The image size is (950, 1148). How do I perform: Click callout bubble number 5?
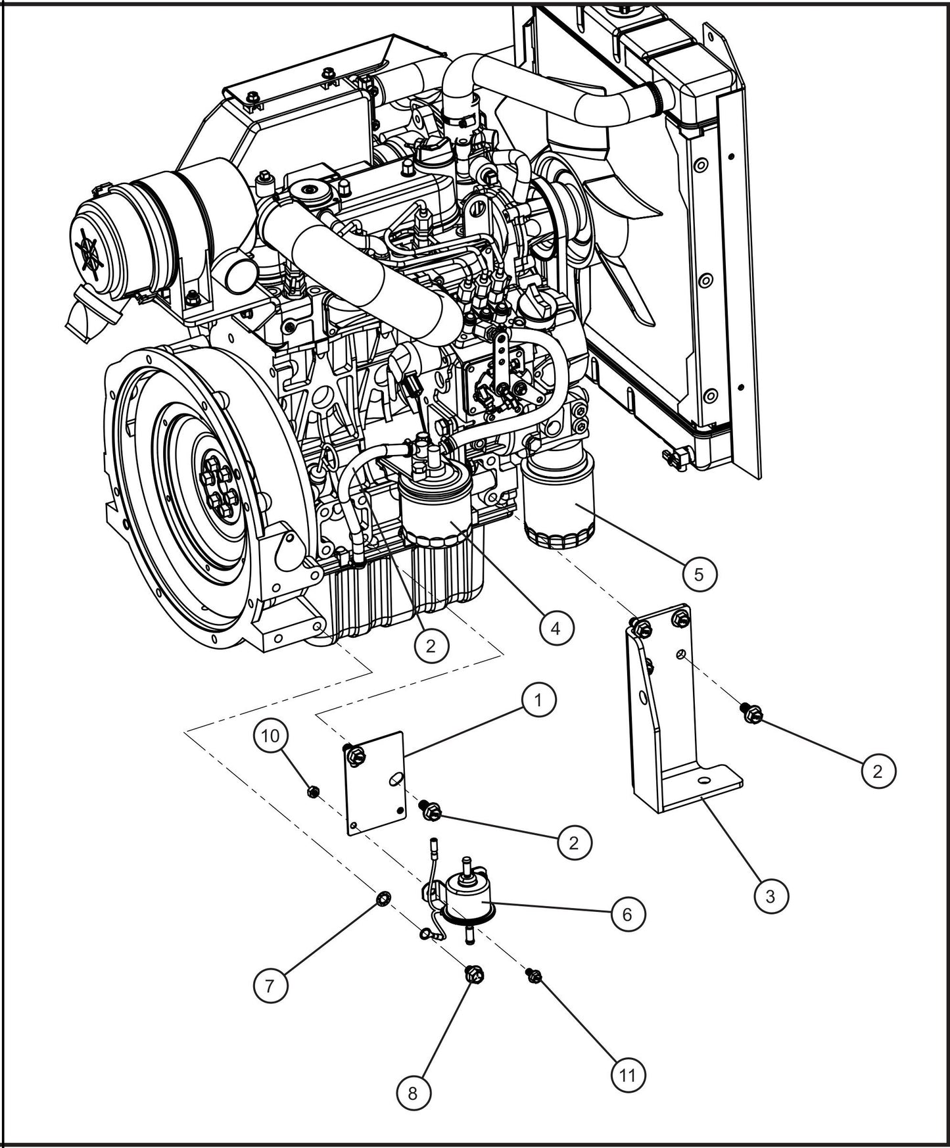click(698, 574)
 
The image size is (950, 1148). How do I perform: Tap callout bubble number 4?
click(556, 629)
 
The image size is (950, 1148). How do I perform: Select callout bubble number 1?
click(538, 701)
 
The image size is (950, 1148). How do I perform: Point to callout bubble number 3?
click(771, 896)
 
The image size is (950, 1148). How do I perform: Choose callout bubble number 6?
click(627, 914)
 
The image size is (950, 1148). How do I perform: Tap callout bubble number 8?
click(413, 1093)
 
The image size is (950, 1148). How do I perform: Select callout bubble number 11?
click(628, 1075)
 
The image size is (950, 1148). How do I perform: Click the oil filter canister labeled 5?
click(560, 503)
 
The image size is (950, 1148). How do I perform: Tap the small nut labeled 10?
click(314, 792)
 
